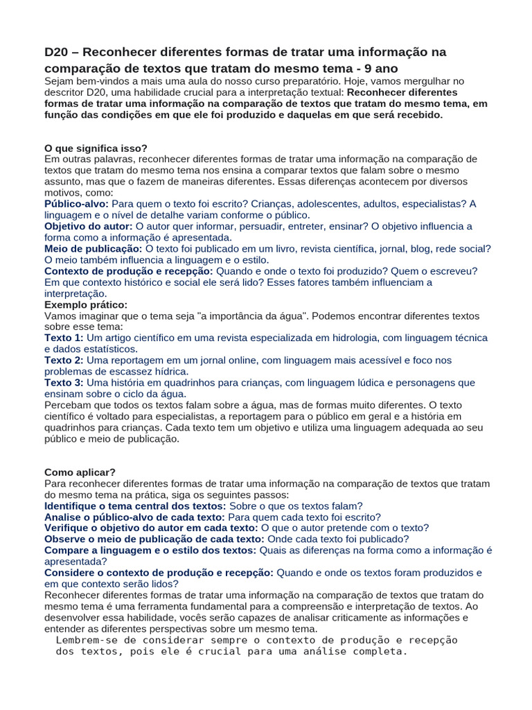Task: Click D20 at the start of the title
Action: [x=57, y=52]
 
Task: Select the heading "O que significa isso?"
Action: [x=96, y=148]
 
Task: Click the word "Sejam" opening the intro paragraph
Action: [x=60, y=81]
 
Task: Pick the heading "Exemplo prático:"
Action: [x=86, y=304]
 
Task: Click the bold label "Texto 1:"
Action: [x=64, y=338]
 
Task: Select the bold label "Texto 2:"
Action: [x=64, y=360]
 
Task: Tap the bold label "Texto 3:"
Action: [x=64, y=382]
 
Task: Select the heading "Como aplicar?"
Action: [x=80, y=472]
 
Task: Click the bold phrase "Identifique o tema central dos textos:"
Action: [x=135, y=505]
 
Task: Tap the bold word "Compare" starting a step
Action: [x=66, y=550]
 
